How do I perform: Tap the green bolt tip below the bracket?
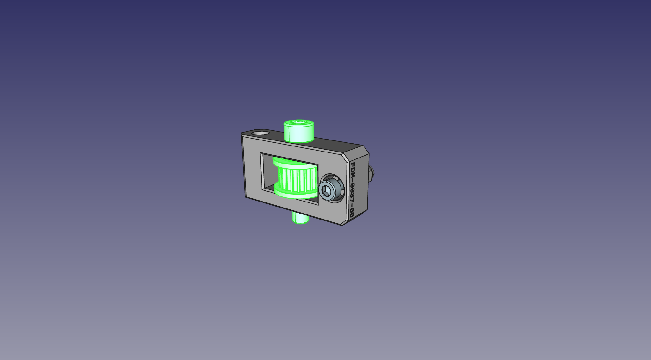click(x=300, y=218)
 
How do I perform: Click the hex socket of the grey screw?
click(x=326, y=191)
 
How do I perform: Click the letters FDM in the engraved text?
click(x=353, y=171)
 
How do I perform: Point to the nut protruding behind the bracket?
click(x=372, y=174)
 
